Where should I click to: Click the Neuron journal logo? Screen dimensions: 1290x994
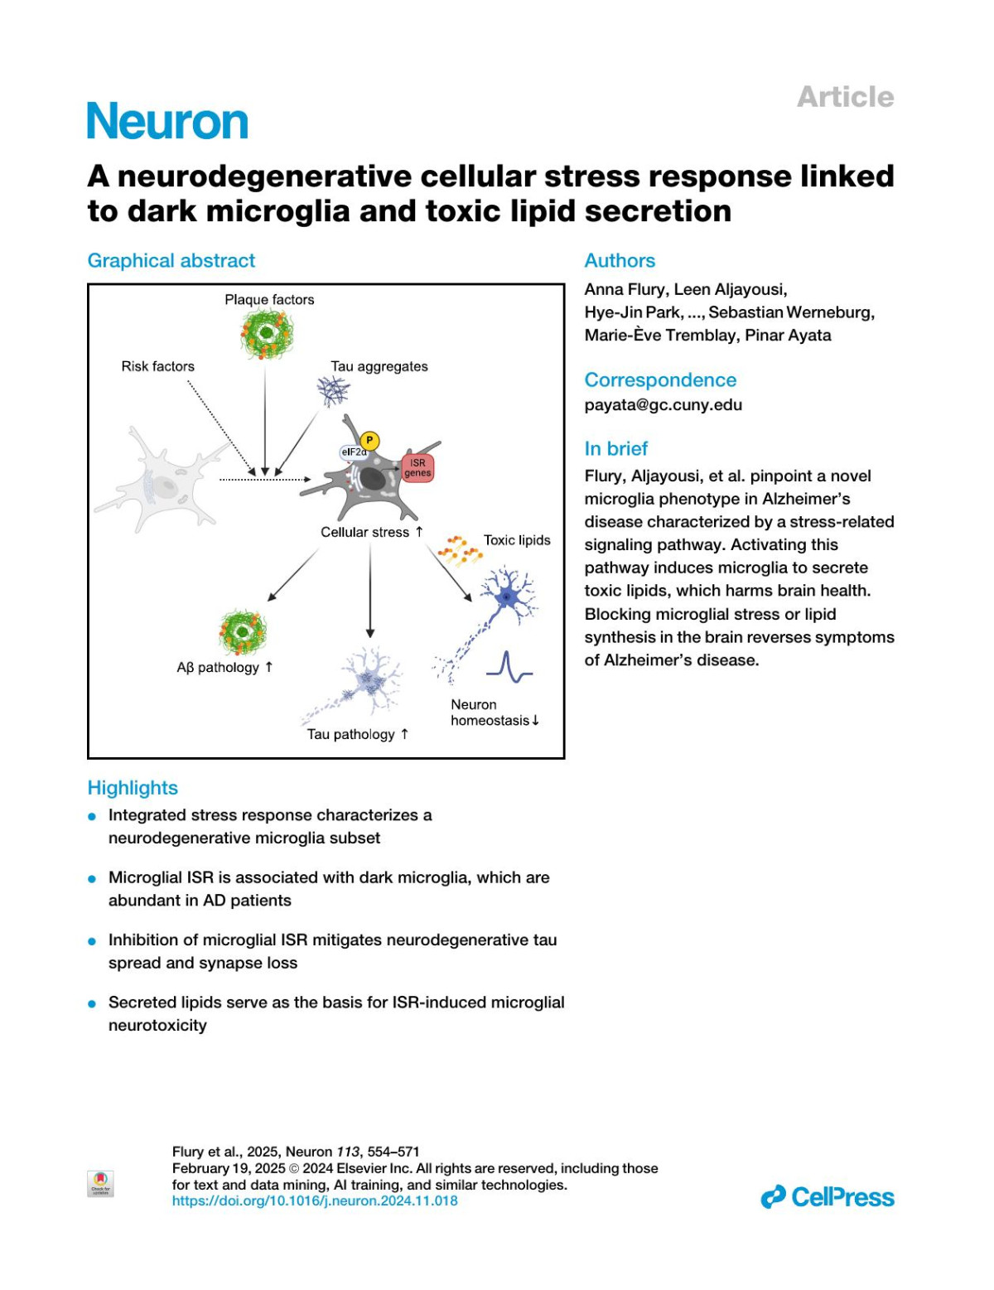click(167, 122)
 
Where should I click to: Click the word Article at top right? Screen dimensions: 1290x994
click(845, 97)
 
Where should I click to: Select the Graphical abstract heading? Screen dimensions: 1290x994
click(171, 261)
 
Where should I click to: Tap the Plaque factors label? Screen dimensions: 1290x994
click(269, 300)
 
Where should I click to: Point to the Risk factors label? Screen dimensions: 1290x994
click(157, 366)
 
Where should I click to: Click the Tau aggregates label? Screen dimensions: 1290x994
click(379, 366)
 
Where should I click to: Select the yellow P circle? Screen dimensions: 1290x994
click(369, 441)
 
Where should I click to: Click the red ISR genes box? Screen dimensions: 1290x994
click(417, 468)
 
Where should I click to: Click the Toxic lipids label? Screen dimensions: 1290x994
click(517, 540)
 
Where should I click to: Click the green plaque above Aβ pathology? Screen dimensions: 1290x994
click(242, 633)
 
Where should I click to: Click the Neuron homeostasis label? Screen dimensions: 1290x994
click(494, 713)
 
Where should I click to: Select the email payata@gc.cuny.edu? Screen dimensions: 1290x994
click(663, 405)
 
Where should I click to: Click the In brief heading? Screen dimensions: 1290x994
click(615, 449)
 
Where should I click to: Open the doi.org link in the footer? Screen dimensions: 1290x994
click(315, 1201)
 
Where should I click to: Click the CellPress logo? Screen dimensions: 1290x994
click(828, 1197)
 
